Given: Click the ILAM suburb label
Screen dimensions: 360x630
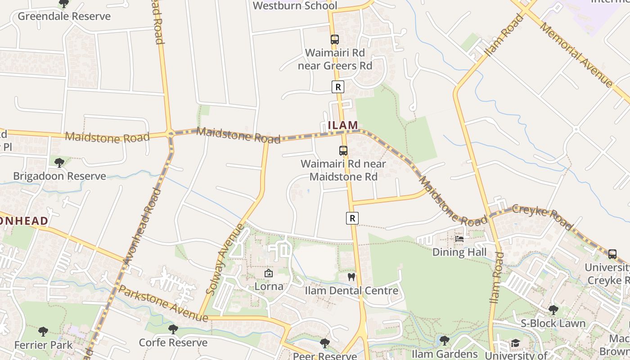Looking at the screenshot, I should (343, 125).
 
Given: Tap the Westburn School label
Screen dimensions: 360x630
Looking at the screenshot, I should (295, 6).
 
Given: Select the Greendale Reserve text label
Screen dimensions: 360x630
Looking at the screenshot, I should (64, 17).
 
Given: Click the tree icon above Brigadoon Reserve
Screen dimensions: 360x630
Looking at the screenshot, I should (59, 162).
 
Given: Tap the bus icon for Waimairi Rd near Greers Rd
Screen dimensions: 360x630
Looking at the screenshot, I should (334, 39).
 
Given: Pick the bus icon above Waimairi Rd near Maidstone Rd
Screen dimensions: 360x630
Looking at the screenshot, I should (343, 150).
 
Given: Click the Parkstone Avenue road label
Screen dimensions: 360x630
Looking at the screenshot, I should (163, 303).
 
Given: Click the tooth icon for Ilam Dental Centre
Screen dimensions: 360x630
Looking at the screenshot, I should (351, 277).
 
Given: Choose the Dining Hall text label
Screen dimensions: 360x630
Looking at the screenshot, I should (459, 252).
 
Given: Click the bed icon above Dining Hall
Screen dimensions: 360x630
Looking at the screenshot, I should (459, 238).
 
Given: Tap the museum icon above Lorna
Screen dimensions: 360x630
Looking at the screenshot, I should (269, 273).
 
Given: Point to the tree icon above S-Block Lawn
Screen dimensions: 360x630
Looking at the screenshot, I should (553, 310).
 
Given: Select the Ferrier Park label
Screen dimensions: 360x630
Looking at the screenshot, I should (43, 345).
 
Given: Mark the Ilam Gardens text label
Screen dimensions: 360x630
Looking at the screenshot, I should (445, 354).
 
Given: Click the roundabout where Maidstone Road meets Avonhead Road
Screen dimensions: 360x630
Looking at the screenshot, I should (170, 133).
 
